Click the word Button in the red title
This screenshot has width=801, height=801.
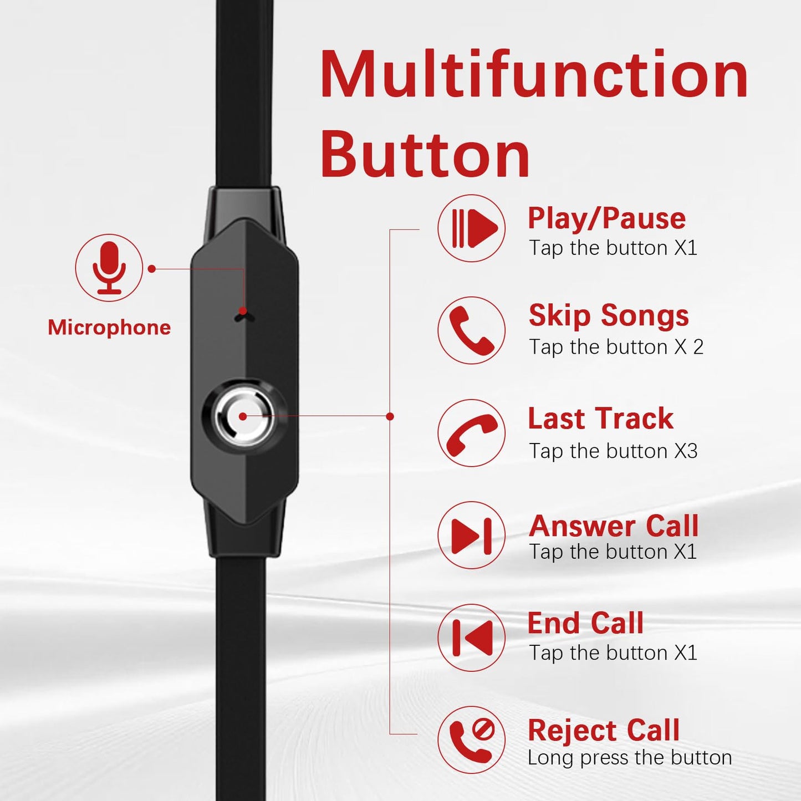tap(425, 154)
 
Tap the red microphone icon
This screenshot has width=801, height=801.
tap(109, 268)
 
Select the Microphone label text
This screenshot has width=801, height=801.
tap(109, 328)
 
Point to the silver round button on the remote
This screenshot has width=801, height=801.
tap(244, 417)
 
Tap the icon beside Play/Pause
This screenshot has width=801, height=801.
tap(471, 228)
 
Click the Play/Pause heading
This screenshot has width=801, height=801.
tap(606, 218)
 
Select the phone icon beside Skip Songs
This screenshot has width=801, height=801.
tap(471, 330)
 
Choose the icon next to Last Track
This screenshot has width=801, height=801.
tap(471, 433)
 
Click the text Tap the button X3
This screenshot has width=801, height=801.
tap(613, 451)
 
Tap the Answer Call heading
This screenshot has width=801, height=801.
tap(614, 526)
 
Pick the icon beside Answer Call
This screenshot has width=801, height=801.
tap(471, 535)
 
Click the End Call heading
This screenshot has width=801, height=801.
tap(586, 623)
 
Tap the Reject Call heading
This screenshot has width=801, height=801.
tap(604, 731)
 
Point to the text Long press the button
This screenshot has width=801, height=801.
tap(630, 758)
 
